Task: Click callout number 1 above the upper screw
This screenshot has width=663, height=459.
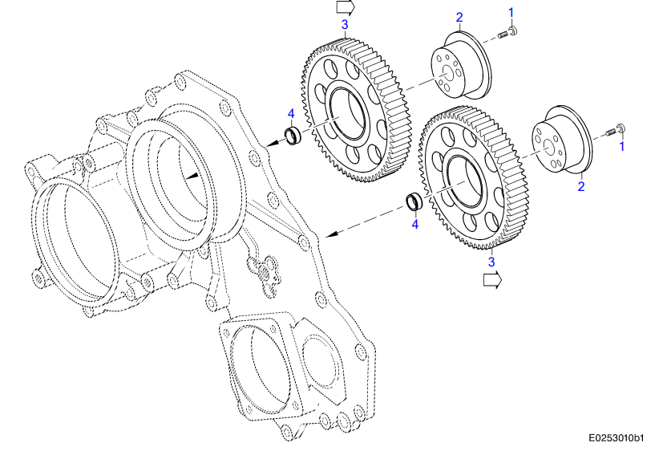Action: pyautogui.click(x=512, y=11)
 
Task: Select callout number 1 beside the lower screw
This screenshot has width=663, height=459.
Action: pyautogui.click(x=620, y=147)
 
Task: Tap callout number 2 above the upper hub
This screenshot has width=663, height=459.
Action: pyautogui.click(x=459, y=17)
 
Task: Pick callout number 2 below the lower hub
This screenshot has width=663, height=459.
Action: pyautogui.click(x=581, y=186)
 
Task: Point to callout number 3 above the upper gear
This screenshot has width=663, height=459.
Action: pyautogui.click(x=345, y=25)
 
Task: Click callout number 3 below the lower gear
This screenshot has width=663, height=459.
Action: pyautogui.click(x=491, y=260)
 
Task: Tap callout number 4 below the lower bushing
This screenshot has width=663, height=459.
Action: pyautogui.click(x=414, y=225)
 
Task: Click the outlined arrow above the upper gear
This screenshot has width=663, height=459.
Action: pyautogui.click(x=346, y=7)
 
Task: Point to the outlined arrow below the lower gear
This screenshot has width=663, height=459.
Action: pyautogui.click(x=491, y=279)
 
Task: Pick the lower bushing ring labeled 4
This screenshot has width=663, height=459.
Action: pyautogui.click(x=414, y=201)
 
